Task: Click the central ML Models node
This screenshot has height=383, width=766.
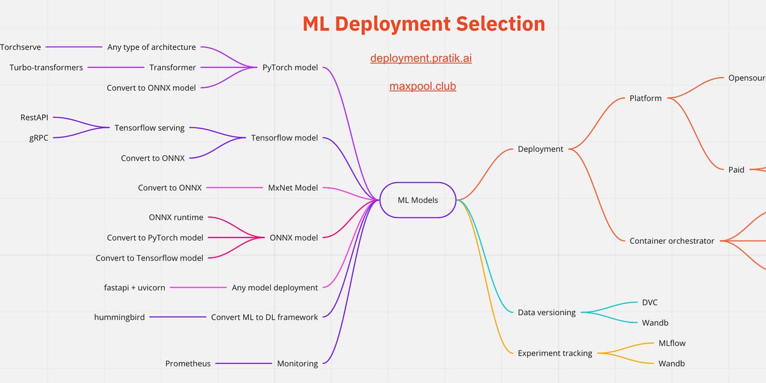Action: [418, 200]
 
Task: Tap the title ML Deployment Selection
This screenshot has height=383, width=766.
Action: [424, 24]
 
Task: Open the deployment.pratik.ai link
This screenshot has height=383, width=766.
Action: [421, 59]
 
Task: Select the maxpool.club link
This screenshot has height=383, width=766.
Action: [423, 86]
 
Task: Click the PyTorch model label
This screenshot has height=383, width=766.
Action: [290, 67]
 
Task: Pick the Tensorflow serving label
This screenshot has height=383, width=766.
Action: [149, 128]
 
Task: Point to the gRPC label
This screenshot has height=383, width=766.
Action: [38, 138]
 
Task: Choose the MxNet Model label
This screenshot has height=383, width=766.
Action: [292, 188]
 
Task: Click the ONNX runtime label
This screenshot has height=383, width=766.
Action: [176, 217]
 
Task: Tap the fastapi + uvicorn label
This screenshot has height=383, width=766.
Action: [134, 288]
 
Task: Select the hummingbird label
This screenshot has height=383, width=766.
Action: [119, 317]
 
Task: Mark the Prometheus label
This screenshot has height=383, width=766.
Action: [188, 364]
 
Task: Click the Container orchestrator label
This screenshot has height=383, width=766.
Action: [672, 241]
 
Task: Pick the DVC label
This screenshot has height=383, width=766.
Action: [649, 303]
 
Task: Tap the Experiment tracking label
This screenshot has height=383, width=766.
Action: [555, 353]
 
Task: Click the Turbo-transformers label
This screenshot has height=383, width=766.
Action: [46, 67]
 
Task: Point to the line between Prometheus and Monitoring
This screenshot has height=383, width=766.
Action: [243, 364]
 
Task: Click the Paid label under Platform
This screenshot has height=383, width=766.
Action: [736, 170]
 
